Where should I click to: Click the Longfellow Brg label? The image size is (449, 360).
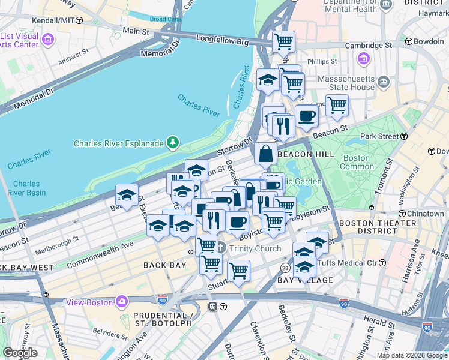pos(221,39)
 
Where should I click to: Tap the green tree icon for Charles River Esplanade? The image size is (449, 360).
pos(173,142)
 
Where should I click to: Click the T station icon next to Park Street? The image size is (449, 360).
pos(404,137)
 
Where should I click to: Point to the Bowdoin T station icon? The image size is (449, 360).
pos(408,42)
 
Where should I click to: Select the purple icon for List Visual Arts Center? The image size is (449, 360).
pos(47,40)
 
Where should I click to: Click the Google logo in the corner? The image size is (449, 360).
pos(20,353)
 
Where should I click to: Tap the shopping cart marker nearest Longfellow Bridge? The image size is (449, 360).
pos(283,43)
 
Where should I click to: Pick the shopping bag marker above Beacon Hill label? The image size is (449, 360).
pos(265,154)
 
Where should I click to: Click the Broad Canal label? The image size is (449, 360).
pos(166,19)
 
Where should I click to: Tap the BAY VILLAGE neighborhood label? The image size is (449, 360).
pos(304,280)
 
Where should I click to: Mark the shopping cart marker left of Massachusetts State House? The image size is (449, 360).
pos(337,106)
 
